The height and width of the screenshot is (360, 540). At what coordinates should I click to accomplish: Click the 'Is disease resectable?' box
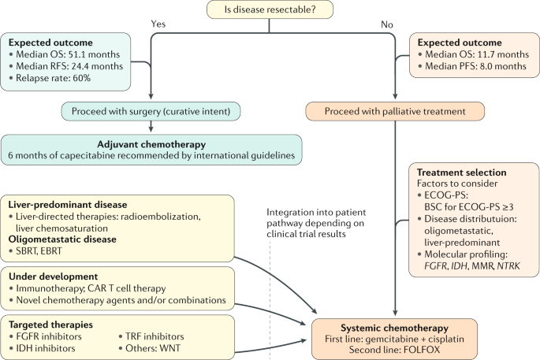[x=270, y=10]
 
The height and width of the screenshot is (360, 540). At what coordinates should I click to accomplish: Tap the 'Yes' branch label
[x=159, y=24]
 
